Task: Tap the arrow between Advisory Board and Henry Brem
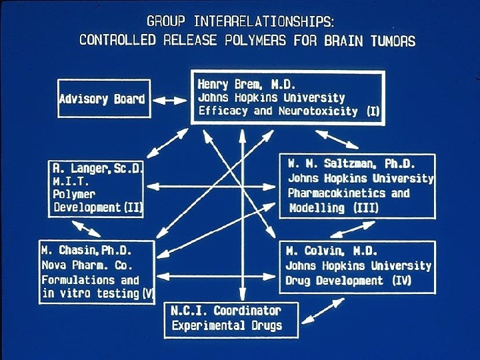click(x=170, y=100)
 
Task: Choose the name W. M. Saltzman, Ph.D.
click(x=351, y=164)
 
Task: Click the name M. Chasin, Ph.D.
click(x=87, y=251)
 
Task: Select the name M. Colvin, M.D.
click(x=331, y=251)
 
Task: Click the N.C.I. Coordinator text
click(x=226, y=311)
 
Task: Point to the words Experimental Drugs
click(x=227, y=325)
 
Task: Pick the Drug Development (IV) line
click(x=348, y=281)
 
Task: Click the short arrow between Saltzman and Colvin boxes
click(x=357, y=228)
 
